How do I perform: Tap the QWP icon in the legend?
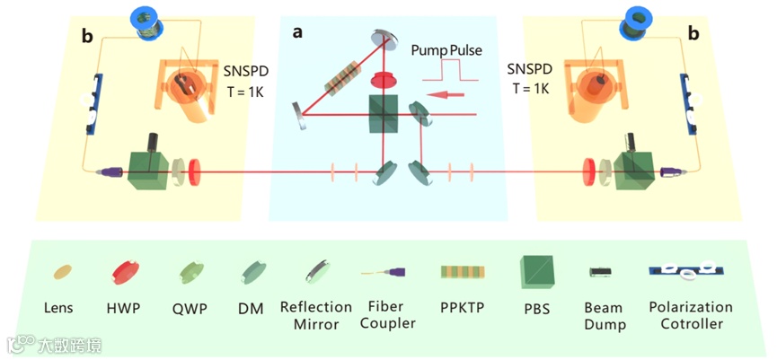[x=190, y=271]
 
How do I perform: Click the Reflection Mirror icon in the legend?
[x=317, y=271]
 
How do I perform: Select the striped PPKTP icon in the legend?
[x=462, y=271]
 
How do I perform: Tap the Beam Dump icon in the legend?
[x=601, y=271]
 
